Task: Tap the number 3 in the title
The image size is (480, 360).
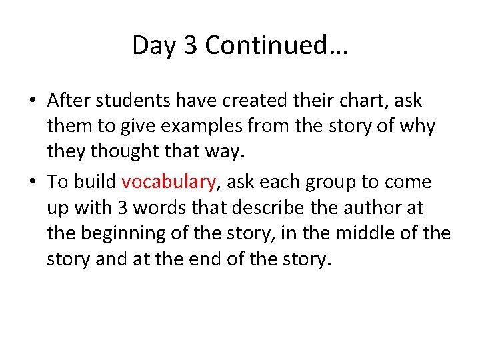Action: point(191,45)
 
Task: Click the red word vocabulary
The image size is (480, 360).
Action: point(169,182)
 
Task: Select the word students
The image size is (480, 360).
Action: point(122,101)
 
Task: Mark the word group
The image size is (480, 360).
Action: point(335,182)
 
